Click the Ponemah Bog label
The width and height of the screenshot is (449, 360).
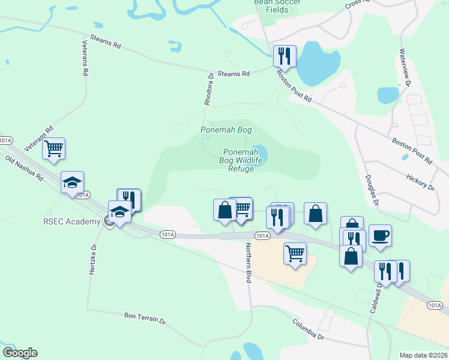point(226,130)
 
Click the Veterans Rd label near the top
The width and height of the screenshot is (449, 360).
point(85,58)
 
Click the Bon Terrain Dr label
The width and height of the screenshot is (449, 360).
point(145,317)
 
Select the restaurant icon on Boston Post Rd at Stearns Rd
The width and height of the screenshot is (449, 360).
point(284,56)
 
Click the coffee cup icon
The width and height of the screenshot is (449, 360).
point(380,235)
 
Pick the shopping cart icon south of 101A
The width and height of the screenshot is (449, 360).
point(295,253)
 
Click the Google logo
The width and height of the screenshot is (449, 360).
point(20,353)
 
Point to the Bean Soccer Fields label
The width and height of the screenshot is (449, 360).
point(277,6)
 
